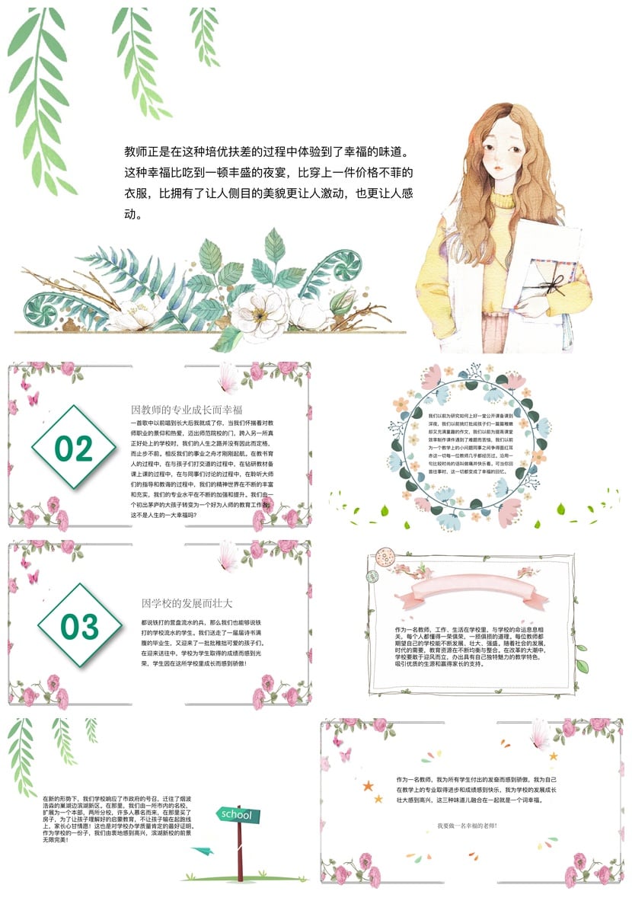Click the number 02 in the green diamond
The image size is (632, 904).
(74, 449)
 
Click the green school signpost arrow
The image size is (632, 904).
(236, 815)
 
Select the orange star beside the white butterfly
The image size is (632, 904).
(553, 756)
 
